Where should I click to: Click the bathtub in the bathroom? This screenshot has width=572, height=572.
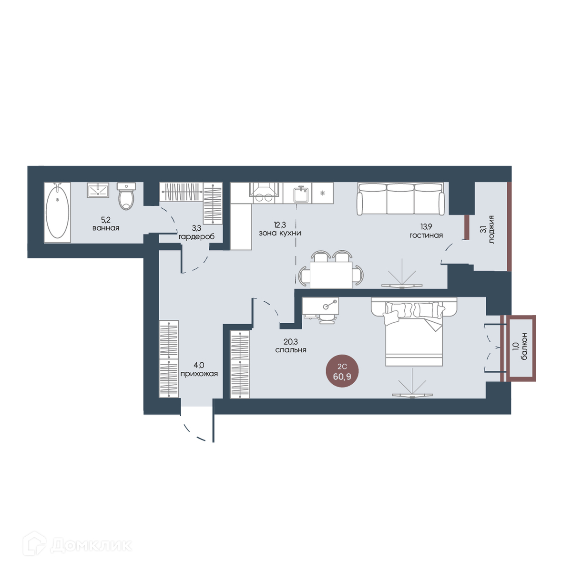(x=57, y=212)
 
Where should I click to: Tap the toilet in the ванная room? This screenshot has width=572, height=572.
(x=126, y=196)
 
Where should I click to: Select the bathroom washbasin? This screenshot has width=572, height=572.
(x=98, y=190)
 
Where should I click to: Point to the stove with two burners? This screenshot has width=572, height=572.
(x=264, y=193)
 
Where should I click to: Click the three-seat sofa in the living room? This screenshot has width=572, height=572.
(x=401, y=198)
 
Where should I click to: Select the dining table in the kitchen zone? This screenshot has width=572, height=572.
(x=331, y=275)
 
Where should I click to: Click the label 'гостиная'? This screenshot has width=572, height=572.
(x=426, y=235)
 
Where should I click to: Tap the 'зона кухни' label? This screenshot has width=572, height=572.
(x=280, y=233)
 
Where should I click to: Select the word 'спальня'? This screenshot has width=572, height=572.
(x=291, y=350)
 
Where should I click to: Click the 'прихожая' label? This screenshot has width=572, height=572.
(x=199, y=374)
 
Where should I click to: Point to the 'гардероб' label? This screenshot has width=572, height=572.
(x=196, y=237)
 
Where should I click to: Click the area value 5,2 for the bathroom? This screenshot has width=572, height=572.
(x=106, y=220)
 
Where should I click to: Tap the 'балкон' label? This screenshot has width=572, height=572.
(x=524, y=346)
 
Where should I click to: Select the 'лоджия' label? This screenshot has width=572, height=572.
(x=491, y=230)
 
